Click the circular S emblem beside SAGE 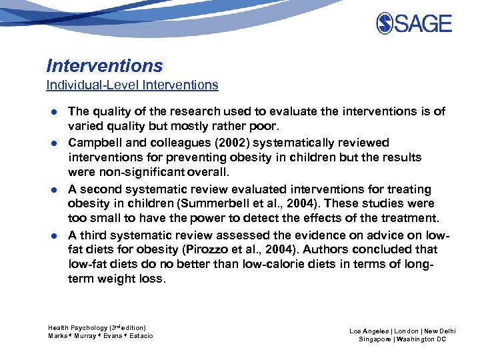pos(386,24)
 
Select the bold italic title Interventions pos(105,65)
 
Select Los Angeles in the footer pos(369,331)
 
